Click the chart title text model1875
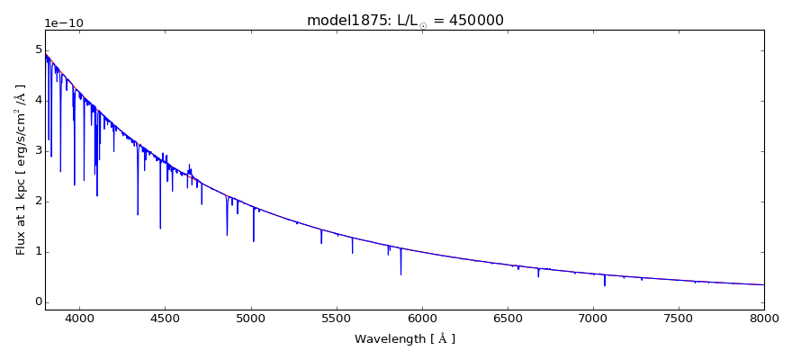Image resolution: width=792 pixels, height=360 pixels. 338,21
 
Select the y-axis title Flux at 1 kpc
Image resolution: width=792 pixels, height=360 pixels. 21,168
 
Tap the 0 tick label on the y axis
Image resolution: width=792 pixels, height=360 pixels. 36,301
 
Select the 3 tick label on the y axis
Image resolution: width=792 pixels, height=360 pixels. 36,150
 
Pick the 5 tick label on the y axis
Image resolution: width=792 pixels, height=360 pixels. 36,49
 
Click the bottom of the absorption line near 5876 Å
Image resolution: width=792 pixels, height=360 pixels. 400,274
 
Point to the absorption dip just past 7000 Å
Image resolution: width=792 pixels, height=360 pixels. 605,284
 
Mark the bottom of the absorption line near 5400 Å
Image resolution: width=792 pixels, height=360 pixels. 321,242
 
